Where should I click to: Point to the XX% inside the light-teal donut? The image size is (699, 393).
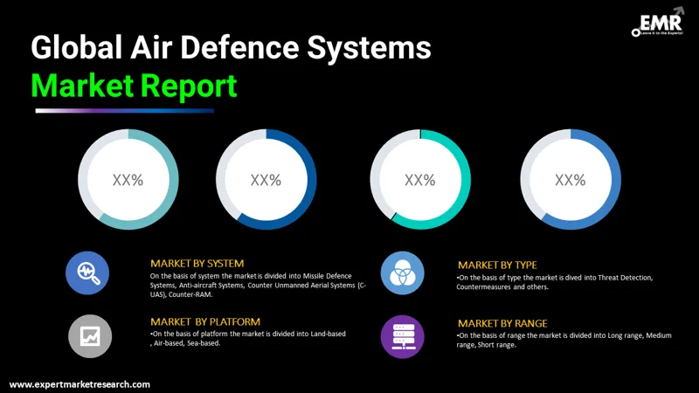click(x=128, y=180)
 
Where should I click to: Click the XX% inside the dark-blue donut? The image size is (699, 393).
click(x=266, y=180)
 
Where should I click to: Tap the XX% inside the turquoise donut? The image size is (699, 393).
click(x=419, y=180)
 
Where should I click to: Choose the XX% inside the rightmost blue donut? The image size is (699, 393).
click(x=570, y=180)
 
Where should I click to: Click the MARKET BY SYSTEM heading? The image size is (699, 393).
click(x=197, y=263)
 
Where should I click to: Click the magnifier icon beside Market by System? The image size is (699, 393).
click(x=87, y=272)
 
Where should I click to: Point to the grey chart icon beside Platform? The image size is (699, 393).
click(x=87, y=334)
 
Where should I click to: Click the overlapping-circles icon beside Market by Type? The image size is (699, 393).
click(x=402, y=272)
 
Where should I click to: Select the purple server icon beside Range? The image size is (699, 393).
click(x=402, y=334)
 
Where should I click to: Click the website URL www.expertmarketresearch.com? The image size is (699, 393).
click(x=80, y=384)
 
